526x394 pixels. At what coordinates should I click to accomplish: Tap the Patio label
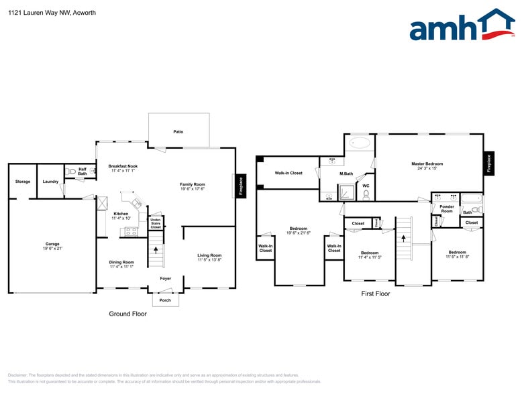click(178, 132)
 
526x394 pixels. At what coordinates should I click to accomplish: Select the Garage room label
click(52, 246)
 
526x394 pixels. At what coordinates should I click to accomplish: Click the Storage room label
click(23, 182)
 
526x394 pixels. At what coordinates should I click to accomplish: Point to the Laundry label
click(50, 182)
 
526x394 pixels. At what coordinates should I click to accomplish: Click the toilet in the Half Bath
click(71, 172)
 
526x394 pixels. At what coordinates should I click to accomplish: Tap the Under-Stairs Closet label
click(156, 223)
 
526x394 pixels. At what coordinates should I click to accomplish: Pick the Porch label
click(165, 300)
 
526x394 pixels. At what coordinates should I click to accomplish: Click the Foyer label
click(165, 279)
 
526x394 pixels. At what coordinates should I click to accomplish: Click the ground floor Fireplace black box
click(240, 186)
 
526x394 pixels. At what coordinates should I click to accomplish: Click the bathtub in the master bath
click(360, 143)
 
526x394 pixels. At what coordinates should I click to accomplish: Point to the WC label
click(366, 186)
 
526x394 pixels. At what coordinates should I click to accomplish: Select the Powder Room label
click(447, 208)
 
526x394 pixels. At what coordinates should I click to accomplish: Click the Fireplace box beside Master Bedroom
click(488, 163)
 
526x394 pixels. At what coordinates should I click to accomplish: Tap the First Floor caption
click(376, 293)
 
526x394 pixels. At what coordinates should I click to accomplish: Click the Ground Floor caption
click(127, 314)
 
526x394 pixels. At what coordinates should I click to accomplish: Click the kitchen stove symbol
click(131, 232)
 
